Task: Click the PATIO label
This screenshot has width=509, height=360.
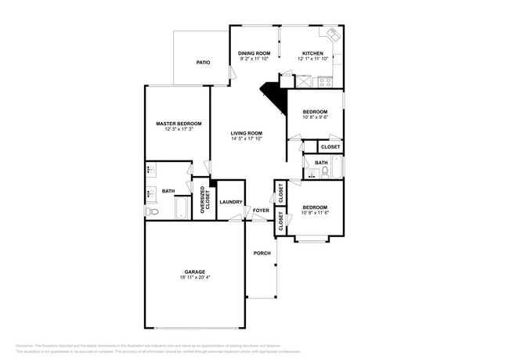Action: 203,62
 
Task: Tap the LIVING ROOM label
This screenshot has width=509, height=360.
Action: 246,133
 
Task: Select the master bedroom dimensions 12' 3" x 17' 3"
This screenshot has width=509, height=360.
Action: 179,129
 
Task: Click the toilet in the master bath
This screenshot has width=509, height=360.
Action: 151,211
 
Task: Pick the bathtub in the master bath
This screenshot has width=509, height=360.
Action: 182,208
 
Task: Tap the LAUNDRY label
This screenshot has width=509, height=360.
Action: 230,202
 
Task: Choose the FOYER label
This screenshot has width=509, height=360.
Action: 260,211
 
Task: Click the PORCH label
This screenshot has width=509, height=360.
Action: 262,253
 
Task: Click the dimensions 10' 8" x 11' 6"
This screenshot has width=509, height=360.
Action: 315,213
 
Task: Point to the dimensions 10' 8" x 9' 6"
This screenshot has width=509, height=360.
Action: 315,117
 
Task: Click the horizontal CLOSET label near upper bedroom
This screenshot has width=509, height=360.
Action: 330,147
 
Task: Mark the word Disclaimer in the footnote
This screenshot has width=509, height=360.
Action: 27,345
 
